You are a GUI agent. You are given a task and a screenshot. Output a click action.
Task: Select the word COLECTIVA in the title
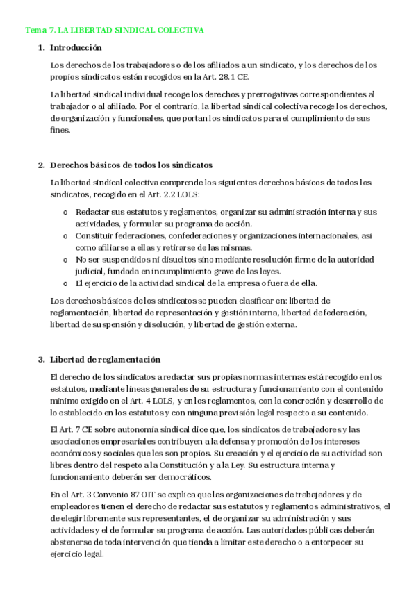[179, 31]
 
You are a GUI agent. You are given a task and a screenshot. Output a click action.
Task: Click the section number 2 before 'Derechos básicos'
[40, 165]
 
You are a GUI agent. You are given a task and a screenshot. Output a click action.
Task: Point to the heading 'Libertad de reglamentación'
[105, 360]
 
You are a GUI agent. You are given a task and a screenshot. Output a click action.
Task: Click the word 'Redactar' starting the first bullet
[93, 211]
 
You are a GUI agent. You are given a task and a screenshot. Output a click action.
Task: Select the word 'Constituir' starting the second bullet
[96, 235]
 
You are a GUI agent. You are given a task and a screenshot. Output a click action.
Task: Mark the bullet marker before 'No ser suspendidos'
[65, 260]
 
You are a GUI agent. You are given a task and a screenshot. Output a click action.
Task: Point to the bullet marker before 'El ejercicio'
[65, 284]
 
